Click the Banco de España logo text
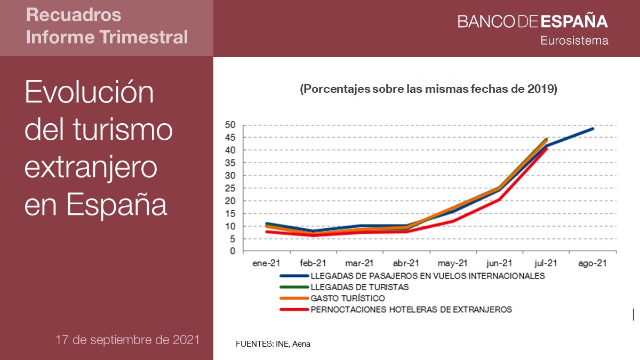tap(532, 21)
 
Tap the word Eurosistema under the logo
tap(574, 41)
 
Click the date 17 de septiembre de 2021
tap(127, 340)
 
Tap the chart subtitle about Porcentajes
tap(428, 89)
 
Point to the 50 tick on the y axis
tap(230, 125)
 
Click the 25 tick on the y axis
tap(230, 188)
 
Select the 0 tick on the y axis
tap(233, 251)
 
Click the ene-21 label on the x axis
tap(266, 263)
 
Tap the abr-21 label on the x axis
tap(406, 263)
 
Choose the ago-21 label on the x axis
tap(593, 263)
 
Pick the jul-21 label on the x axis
tap(546, 263)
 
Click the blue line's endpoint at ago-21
tap(593, 129)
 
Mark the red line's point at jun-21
tap(499, 199)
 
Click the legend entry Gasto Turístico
tap(347, 298)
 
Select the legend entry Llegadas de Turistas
tap(359, 287)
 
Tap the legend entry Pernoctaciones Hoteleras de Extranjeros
tap(411, 309)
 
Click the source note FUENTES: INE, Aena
tap(273, 344)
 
